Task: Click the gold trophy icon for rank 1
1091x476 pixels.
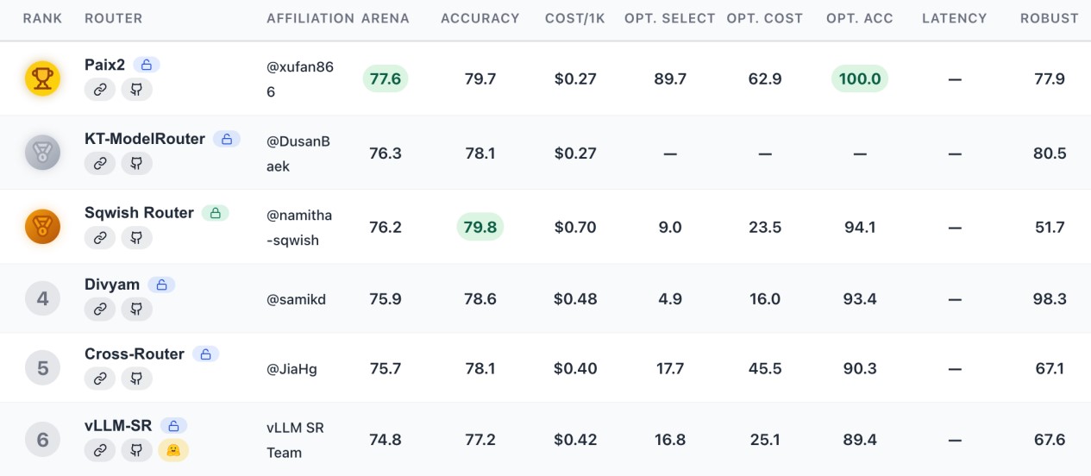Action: (42, 78)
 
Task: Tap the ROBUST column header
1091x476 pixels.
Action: (1049, 18)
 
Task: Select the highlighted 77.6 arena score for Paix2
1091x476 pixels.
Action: (386, 78)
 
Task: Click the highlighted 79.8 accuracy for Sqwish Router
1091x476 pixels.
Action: (480, 227)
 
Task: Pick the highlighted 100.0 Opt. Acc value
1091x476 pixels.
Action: (860, 78)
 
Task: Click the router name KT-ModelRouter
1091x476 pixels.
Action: (145, 139)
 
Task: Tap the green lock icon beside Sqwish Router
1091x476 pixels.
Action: (216, 213)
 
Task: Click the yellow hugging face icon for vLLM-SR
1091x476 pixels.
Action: (173, 451)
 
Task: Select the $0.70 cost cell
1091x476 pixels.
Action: (575, 227)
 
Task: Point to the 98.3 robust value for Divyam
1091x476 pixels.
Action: (1050, 298)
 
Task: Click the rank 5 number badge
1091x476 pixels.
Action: (42, 368)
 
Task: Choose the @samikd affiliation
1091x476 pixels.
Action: (296, 299)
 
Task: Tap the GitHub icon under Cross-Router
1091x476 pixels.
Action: (136, 379)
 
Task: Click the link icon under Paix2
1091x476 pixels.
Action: (100, 90)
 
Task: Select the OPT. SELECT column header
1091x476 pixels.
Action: (670, 18)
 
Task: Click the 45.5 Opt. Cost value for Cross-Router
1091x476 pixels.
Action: (765, 368)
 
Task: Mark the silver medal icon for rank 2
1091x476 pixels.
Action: (42, 153)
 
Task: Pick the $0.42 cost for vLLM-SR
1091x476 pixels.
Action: (575, 440)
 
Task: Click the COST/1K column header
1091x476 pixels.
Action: (574, 18)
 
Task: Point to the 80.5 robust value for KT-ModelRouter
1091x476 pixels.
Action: (1050, 153)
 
